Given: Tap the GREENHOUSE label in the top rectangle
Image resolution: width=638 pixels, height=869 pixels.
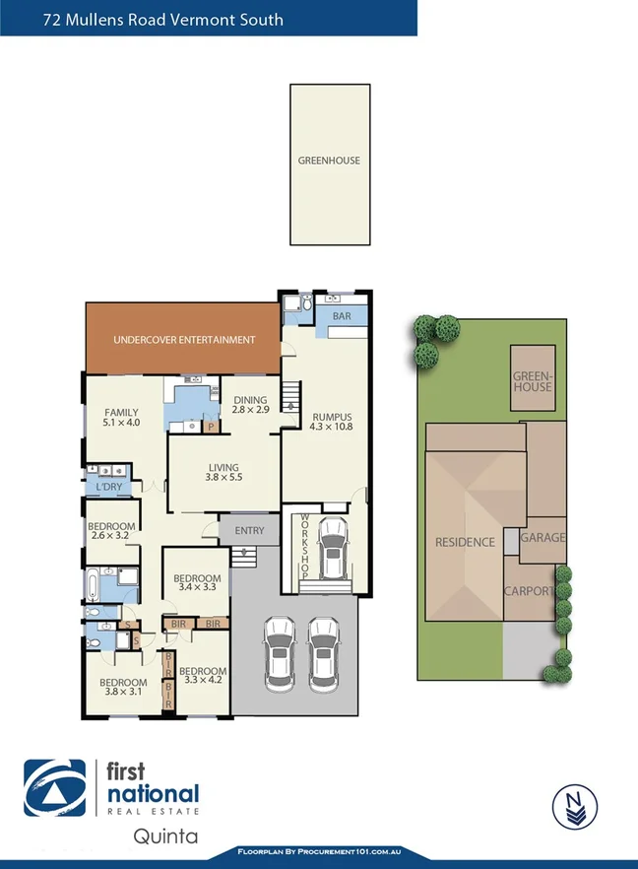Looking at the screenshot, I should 329,161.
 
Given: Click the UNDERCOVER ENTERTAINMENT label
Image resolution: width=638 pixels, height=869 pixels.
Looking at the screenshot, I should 184,340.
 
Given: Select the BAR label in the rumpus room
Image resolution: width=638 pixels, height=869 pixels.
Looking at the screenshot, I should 342,316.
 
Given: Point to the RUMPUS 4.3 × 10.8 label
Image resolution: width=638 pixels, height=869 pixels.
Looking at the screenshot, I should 331,422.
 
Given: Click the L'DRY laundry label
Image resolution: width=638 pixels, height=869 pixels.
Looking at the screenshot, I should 108,487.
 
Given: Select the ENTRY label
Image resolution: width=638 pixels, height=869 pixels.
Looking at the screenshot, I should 249,531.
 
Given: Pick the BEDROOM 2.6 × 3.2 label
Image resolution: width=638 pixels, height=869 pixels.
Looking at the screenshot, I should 110,532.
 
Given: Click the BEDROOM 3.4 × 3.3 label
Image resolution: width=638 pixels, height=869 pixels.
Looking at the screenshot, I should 196,582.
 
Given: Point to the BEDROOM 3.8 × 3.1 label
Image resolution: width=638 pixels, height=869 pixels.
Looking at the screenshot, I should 123,687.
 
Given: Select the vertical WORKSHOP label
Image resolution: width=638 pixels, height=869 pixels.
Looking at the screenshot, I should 305,547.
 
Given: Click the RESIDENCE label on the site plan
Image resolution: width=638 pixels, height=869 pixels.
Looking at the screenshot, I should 465,542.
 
